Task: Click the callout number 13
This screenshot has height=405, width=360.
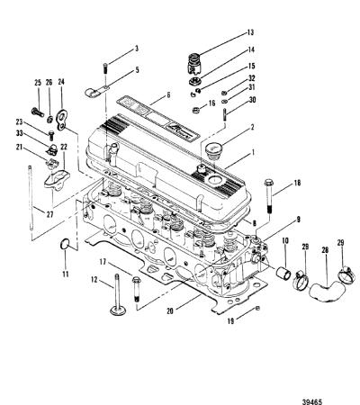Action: click(250, 32)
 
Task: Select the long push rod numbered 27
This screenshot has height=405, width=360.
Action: click(31, 198)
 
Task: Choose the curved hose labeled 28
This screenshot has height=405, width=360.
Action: click(327, 290)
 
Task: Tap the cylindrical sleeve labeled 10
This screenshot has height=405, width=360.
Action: click(283, 273)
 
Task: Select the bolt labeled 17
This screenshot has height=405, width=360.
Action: click(136, 289)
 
